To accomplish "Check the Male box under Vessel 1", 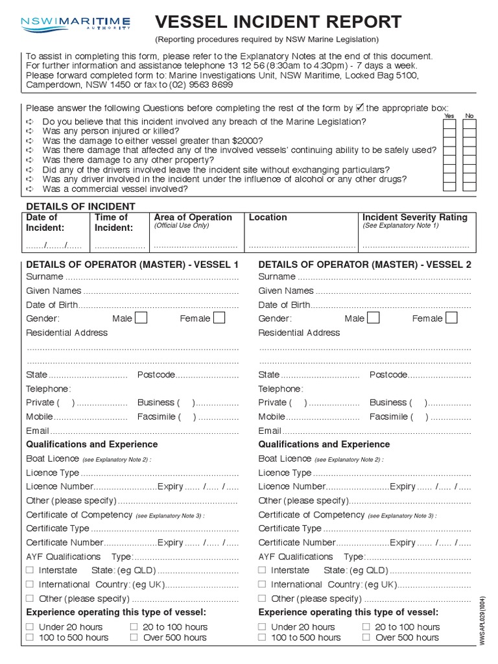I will (141, 318).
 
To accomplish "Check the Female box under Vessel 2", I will (451, 318).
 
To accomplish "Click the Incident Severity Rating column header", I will (414, 217).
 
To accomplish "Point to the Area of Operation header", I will (193, 217).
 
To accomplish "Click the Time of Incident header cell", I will (112, 222).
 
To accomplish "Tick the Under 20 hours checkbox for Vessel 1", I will (30, 627).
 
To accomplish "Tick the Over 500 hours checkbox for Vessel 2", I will (366, 637).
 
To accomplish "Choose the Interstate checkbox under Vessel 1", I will (30, 570).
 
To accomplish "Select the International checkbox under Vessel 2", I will (262, 584).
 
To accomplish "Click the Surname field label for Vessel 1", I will (42, 277).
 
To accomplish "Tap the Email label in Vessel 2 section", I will (270, 431).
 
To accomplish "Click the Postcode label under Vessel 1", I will (156, 375).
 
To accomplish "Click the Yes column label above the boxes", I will (449, 115).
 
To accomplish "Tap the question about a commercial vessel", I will (115, 189).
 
